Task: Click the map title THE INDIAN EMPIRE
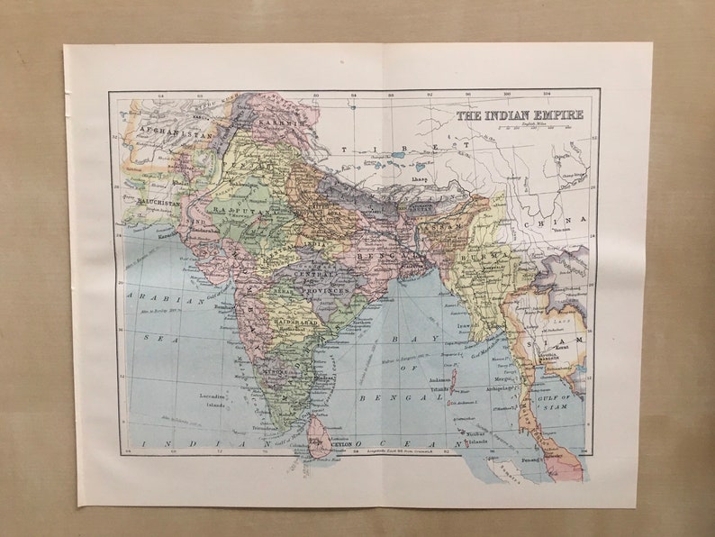point(520,115)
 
